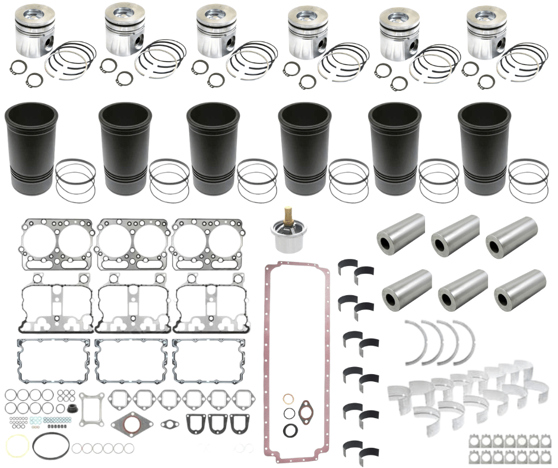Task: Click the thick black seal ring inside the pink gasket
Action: click(292, 429)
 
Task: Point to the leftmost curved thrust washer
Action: click(414, 341)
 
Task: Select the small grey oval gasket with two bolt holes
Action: click(170, 424)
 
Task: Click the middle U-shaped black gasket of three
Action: click(217, 423)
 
